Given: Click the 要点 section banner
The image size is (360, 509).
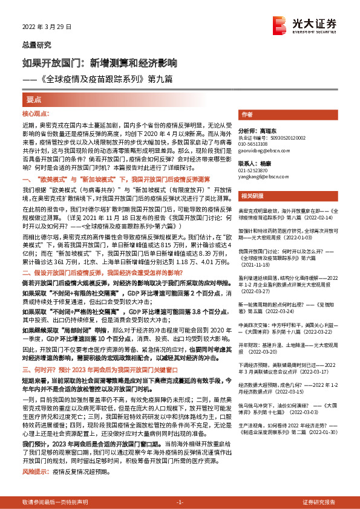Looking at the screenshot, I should pos(34,99).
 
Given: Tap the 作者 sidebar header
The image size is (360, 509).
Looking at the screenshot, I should pos(247,114).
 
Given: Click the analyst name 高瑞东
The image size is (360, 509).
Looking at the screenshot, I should pos(272,130).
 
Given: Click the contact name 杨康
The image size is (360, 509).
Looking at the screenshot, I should pos(269,163).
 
